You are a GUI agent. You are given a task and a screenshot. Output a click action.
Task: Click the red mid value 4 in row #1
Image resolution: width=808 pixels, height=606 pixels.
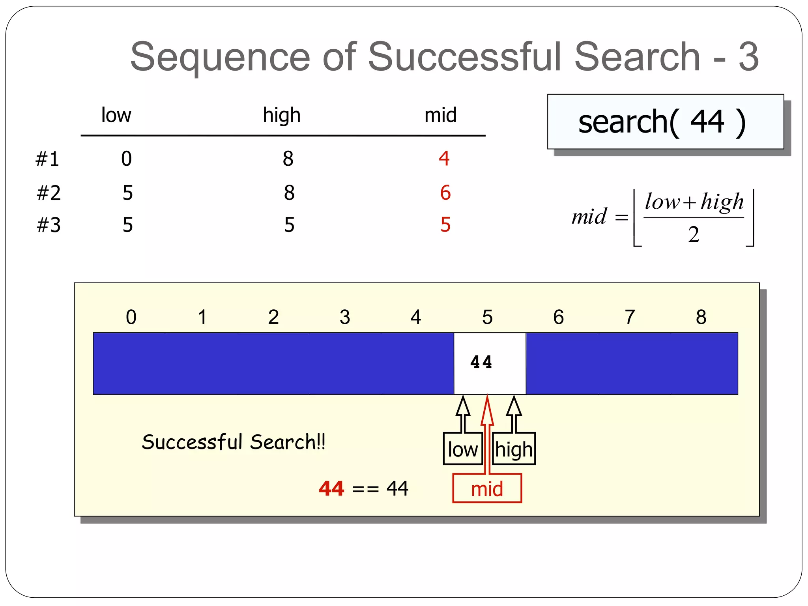coord(444,159)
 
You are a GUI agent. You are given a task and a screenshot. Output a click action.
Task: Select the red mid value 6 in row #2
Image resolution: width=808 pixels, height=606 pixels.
coord(445,193)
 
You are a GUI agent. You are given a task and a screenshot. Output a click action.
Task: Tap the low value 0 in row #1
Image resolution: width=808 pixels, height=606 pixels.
coord(126,159)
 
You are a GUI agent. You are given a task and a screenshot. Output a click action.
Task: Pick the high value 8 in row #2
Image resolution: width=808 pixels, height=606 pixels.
coord(289,193)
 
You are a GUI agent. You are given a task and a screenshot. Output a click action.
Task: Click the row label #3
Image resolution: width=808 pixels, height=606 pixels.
coord(49,225)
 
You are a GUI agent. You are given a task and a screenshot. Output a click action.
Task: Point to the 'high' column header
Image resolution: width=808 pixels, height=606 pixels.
coord(282,115)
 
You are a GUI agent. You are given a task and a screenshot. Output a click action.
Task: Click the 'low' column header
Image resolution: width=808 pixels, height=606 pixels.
coord(116,115)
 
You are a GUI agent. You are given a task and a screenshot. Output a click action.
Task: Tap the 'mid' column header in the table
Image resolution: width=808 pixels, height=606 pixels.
coord(440,115)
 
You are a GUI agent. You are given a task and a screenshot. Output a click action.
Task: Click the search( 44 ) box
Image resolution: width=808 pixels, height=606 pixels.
coord(665,122)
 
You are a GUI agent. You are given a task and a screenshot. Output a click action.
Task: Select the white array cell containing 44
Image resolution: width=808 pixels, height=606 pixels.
coord(490,363)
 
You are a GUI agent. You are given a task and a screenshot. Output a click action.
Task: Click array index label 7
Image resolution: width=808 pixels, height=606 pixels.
coord(630,317)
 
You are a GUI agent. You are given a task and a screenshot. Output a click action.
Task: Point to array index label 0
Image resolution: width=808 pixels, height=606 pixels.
coord(131,317)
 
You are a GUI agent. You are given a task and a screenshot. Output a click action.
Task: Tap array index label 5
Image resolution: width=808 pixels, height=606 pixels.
coord(487,317)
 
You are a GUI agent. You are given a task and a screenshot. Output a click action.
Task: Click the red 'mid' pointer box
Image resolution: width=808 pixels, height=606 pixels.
coord(487,489)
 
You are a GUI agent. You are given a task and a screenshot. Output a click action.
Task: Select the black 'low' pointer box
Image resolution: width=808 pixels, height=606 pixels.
coord(463,449)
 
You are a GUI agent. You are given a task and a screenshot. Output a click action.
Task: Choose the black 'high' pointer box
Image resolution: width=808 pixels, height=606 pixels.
coord(514,449)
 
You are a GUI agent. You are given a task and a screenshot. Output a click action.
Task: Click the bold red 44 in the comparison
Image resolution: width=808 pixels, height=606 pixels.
coord(331,488)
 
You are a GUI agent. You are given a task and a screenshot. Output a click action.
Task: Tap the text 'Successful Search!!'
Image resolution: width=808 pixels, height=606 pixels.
coord(234,441)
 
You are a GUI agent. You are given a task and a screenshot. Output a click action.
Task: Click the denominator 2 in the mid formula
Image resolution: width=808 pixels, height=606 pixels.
coord(694,234)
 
